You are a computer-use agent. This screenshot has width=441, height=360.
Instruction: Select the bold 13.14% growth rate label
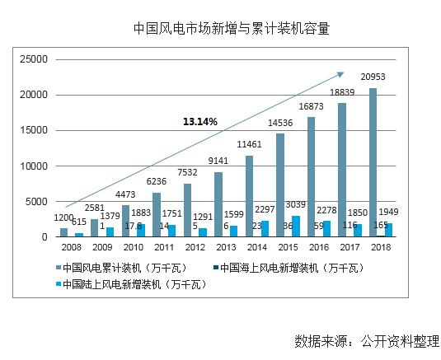pyautogui.click(x=200, y=122)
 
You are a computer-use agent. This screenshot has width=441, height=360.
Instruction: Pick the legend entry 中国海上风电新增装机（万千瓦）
pyautogui.click(x=286, y=267)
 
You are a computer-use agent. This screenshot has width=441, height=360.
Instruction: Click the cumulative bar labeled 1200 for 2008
pyautogui.click(x=64, y=233)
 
